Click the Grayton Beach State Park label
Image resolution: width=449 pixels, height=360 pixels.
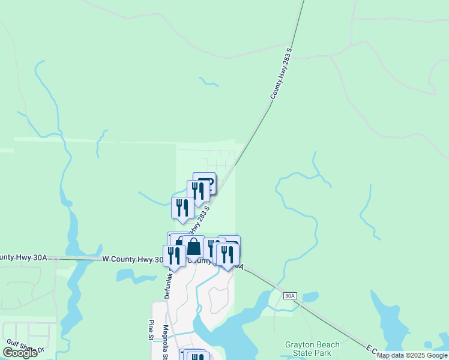pos(312,349)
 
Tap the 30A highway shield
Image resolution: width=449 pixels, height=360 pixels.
pos(290,296)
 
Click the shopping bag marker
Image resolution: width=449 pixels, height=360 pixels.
pos(194,247)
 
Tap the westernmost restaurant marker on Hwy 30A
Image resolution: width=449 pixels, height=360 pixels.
pos(174,256)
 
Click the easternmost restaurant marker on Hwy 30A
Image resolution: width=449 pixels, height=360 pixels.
pos(228,254)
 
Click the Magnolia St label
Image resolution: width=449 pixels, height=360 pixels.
pos(166,340)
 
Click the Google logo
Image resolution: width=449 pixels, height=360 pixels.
pos(20,352)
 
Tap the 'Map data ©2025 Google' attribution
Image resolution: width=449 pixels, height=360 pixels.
pos(412,356)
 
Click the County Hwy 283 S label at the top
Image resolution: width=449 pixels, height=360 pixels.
pos(281,74)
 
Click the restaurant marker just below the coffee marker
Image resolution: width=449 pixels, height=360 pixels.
pos(197,191)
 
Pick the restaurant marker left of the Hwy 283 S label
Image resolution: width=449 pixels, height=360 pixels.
pos(182,208)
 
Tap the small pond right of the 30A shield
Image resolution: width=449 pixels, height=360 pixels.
pos(310,296)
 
